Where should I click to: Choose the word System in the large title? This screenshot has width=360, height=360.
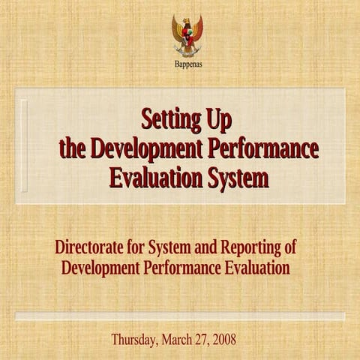235,178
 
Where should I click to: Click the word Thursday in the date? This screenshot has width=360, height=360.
133,338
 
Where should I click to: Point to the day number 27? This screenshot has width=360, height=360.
202,338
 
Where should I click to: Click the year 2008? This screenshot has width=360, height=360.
224,338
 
